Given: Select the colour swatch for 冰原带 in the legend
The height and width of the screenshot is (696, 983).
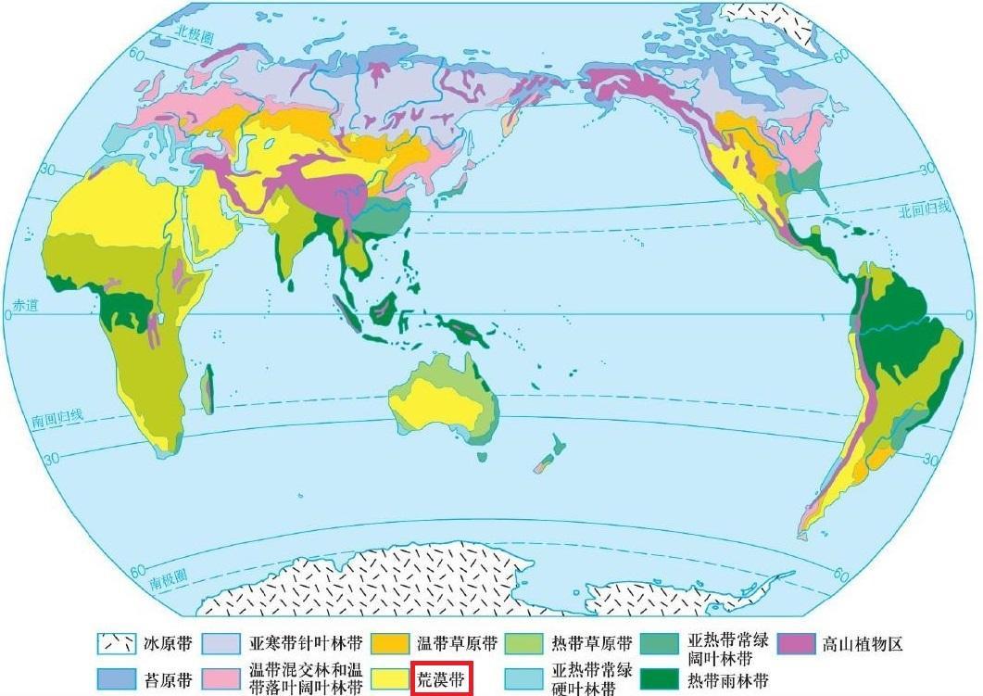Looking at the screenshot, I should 116,643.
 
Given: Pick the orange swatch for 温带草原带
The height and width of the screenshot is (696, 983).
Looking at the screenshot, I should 390,643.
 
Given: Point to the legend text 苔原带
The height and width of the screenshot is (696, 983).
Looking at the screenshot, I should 168,679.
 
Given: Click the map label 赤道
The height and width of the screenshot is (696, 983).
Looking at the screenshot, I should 22,305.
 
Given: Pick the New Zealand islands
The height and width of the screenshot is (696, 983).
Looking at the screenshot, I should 550,455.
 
